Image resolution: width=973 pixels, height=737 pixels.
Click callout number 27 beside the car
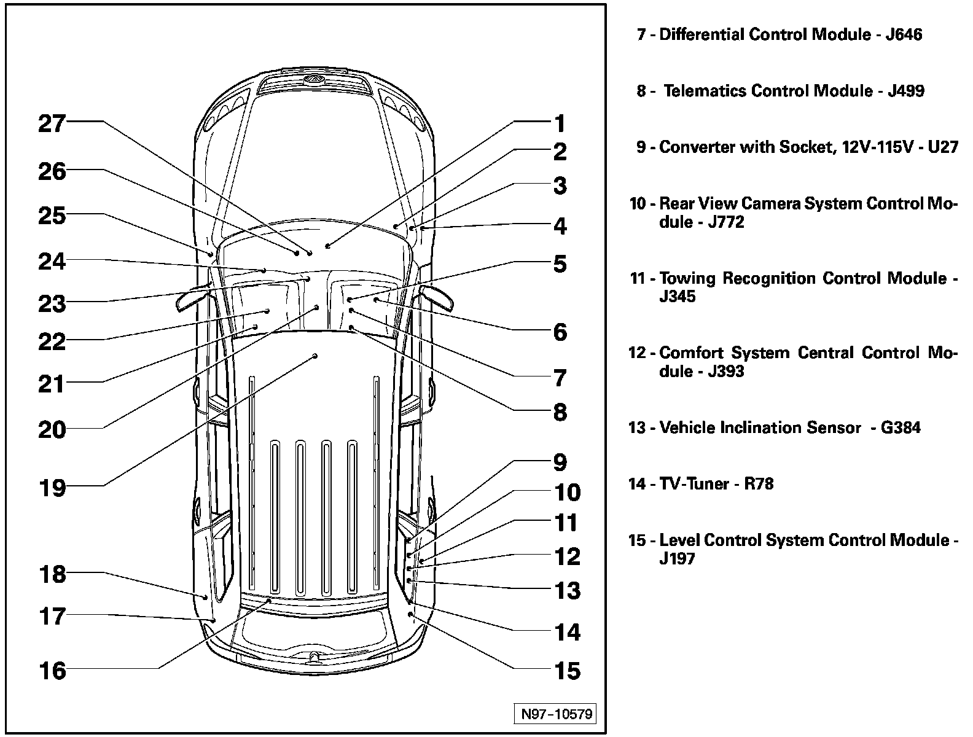[52, 123]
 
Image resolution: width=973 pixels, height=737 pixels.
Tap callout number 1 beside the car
[559, 123]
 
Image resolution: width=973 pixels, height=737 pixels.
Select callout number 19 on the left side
[52, 488]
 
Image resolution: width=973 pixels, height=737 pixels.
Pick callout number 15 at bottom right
[567, 671]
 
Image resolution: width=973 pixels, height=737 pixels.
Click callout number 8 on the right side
[559, 412]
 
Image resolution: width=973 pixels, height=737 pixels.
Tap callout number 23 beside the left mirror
[52, 303]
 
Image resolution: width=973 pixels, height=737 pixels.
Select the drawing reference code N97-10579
[556, 714]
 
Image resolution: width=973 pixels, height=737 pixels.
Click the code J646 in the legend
[904, 34]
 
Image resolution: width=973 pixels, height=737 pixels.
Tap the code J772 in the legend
[726, 222]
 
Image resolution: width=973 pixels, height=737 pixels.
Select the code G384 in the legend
[901, 427]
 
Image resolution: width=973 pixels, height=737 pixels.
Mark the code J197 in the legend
[677, 559]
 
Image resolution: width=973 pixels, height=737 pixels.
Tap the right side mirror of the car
[438, 297]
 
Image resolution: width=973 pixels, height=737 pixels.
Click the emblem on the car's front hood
[314, 79]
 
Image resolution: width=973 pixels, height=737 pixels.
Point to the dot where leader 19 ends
[315, 356]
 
